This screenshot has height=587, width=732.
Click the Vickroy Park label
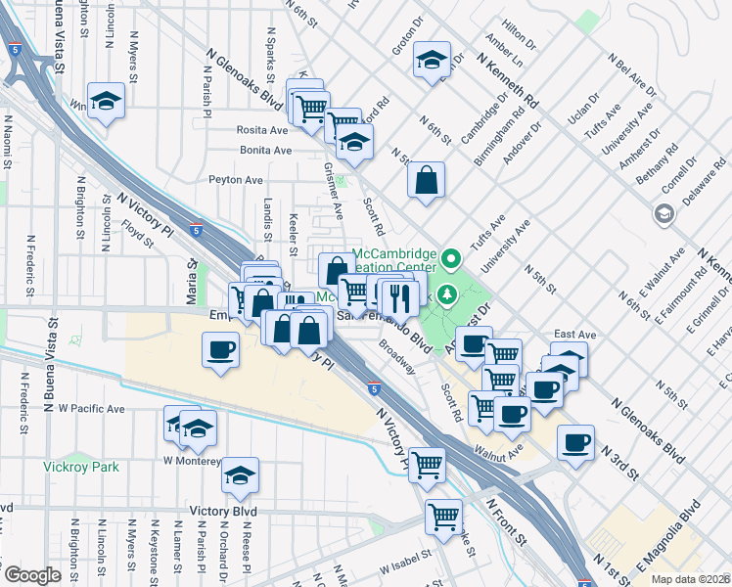(x=81, y=467)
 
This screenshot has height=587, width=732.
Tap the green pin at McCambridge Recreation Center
(x=450, y=260)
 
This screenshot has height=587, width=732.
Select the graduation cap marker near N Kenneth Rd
(x=432, y=62)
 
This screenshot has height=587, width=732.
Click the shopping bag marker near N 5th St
(x=426, y=181)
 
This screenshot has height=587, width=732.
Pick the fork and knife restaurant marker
(x=399, y=294)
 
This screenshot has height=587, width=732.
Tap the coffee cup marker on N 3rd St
(x=575, y=442)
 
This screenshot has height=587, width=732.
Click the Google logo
(x=31, y=575)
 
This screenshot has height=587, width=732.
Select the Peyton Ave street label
(x=236, y=180)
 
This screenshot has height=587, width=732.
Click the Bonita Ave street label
(x=265, y=151)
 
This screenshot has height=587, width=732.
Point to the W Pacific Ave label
(x=91, y=408)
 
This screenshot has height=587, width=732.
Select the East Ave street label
(x=574, y=334)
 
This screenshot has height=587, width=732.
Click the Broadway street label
(x=397, y=358)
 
